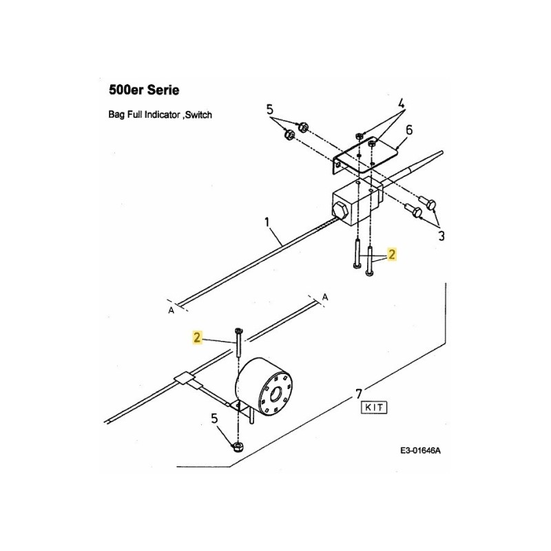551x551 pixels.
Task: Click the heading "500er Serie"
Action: click(x=145, y=90)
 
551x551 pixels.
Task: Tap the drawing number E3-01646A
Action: click(x=419, y=451)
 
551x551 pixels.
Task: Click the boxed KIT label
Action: click(x=374, y=407)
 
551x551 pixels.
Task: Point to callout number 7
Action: click(x=358, y=394)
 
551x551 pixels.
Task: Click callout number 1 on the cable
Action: click(x=267, y=223)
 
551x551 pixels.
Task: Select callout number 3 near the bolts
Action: click(x=440, y=236)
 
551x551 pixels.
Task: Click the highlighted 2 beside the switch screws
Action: click(x=392, y=255)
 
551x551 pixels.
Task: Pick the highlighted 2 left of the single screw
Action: click(x=198, y=337)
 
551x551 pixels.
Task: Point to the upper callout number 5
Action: click(x=269, y=109)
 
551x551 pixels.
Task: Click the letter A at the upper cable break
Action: click(x=325, y=296)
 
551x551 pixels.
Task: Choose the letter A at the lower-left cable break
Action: click(x=171, y=311)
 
